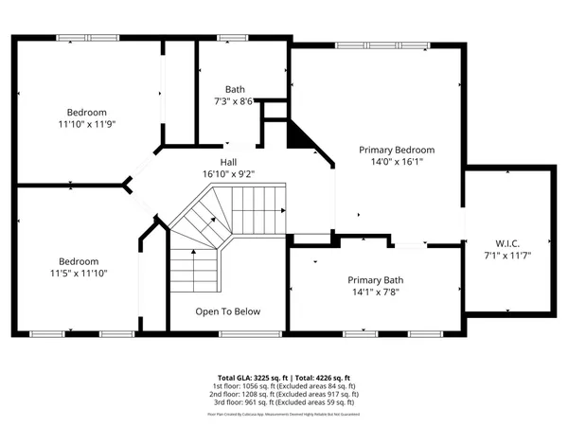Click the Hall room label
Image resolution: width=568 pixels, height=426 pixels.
229,162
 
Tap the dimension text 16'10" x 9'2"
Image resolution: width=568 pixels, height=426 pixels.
229,173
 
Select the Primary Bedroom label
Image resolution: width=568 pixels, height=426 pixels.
397,150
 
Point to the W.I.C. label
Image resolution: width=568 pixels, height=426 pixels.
507,243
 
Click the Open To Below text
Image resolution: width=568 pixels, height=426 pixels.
228,311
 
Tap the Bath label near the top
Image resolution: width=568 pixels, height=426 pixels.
234,90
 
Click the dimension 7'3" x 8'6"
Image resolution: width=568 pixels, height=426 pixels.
234,101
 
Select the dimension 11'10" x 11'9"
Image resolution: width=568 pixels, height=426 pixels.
86,123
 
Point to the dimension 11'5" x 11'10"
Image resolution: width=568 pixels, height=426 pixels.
79,274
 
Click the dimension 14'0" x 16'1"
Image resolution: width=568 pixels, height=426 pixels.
397,162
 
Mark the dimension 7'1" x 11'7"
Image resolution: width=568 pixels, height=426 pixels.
507,256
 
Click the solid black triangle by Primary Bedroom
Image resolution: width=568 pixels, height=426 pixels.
300,137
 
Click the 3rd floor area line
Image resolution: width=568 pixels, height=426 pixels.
284,401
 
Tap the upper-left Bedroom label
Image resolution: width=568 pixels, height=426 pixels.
86,112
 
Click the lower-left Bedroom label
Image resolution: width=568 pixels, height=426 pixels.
79,261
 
